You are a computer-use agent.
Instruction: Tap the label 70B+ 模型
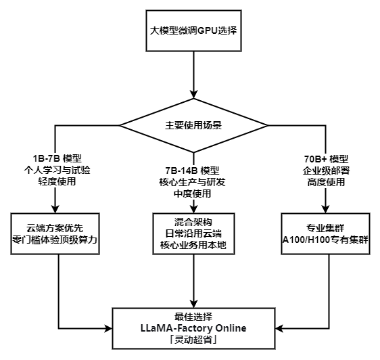click(327, 158)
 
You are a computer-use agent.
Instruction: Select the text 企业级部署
click(327, 169)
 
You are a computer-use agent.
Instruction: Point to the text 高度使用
click(327, 181)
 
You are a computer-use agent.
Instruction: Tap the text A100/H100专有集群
click(327, 240)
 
